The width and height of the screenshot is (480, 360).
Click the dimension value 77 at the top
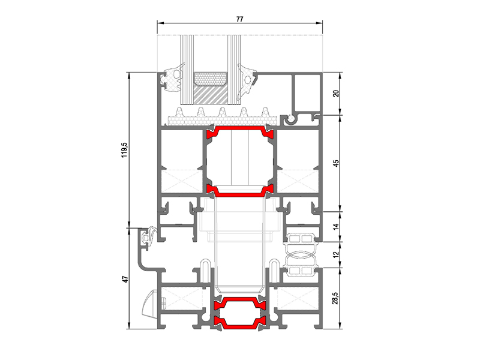[x=239, y=19]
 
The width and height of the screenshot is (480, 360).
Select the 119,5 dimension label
[x=124, y=149]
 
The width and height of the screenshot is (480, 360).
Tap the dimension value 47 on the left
[x=125, y=279]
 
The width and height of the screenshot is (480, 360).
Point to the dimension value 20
[x=336, y=94]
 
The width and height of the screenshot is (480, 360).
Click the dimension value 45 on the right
[x=336, y=163]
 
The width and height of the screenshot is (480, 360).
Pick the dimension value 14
[x=336, y=227]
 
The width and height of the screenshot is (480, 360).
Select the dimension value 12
[x=336, y=254]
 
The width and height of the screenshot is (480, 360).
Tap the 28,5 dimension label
[x=335, y=298]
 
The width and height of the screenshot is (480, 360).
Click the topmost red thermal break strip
[x=240, y=131]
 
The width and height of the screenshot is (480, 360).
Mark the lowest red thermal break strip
[x=239, y=323]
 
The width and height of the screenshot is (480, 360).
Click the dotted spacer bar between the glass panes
[x=211, y=79]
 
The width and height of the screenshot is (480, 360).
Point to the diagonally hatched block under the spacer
[x=211, y=95]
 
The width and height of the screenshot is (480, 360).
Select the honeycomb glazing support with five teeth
[x=223, y=117]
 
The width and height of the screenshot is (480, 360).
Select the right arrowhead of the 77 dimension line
[x=319, y=23]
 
